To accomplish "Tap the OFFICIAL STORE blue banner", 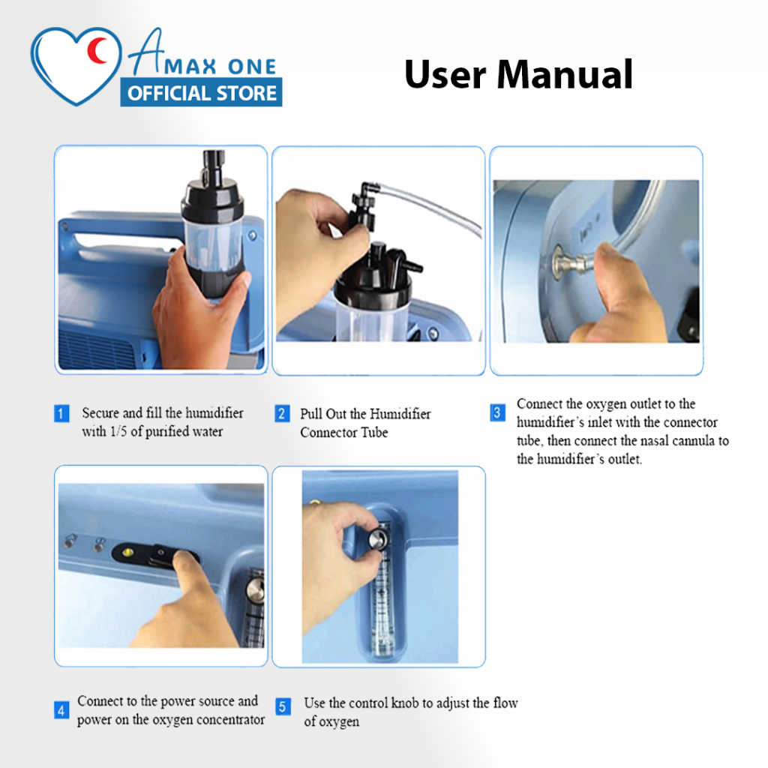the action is [201, 92].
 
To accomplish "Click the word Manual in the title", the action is [565, 74].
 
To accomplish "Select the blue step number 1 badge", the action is [61, 413].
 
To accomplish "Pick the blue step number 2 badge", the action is [282, 413].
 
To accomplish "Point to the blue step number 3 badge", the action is [497, 412].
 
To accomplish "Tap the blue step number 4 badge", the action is [61, 710].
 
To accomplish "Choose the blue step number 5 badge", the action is [283, 706].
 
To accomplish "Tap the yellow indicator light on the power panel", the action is [128, 553].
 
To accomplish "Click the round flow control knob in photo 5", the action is [377, 539].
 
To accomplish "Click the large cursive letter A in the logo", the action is [146, 52].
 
